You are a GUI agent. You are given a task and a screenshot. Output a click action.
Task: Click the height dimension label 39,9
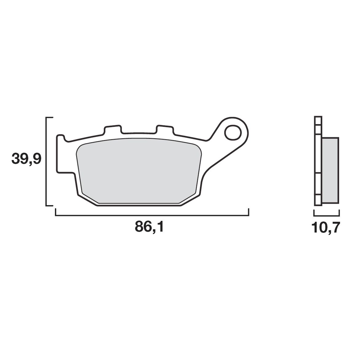coord(26,159)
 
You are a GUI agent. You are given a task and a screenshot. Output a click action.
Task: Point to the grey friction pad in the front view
coord(139,172)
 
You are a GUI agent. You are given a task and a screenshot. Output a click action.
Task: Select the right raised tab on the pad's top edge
coord(165,129)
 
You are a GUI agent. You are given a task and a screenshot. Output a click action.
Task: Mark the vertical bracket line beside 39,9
coord(46,161)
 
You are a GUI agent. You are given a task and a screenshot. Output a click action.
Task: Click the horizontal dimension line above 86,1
coord(152,216)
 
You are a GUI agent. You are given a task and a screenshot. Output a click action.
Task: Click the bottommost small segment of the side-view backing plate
coord(318,200)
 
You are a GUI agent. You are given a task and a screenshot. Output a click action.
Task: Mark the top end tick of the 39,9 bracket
coord(49,117)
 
